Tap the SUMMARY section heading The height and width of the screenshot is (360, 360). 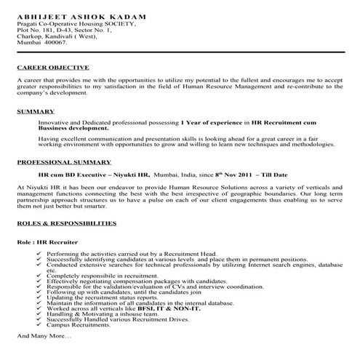tap(35, 111)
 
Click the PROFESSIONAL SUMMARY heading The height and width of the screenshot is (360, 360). tap(63, 161)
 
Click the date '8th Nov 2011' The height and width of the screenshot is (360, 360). tap(241, 175)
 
